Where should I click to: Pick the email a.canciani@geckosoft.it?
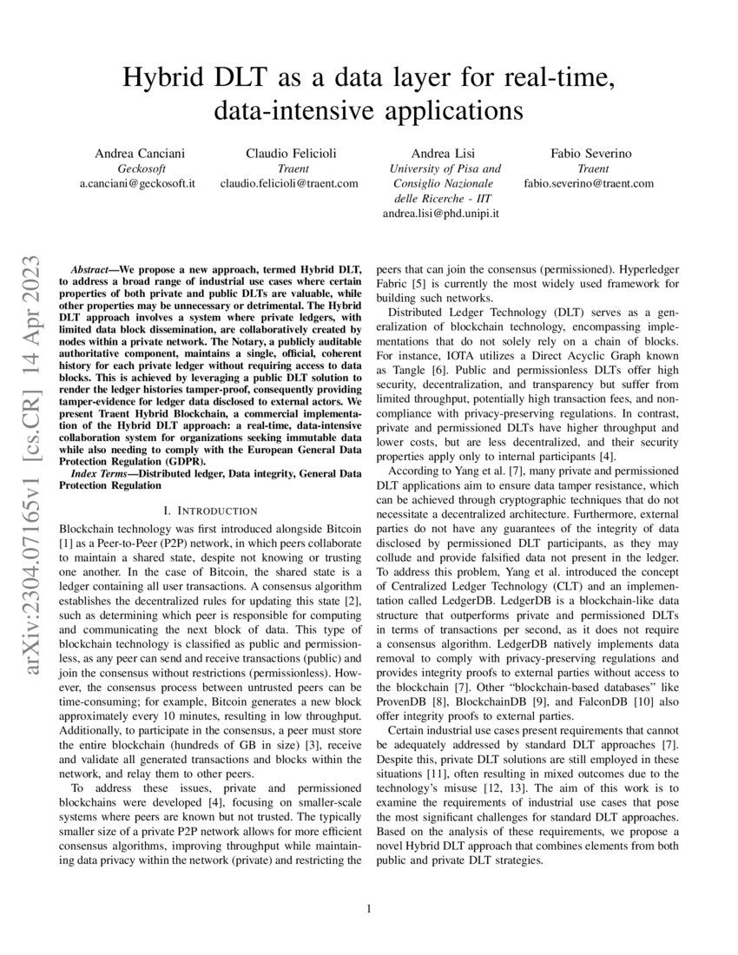pos(144,183)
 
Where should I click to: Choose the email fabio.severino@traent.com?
pos(589,183)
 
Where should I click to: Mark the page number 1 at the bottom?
pos(369,909)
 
